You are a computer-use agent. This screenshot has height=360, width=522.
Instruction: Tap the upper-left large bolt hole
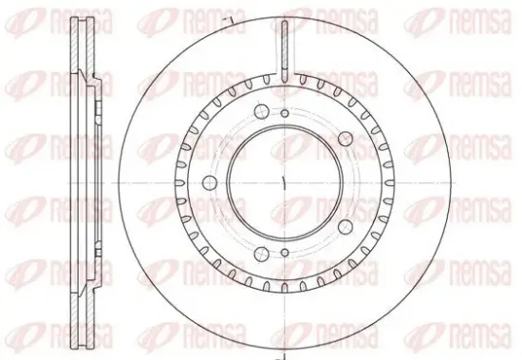coord(261,112)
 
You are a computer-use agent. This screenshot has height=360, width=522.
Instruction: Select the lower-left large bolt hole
coord(261,255)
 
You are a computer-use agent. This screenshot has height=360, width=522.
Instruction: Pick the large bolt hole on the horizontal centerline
coord(210,182)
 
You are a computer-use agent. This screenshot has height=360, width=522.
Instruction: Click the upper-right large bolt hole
coord(345,139)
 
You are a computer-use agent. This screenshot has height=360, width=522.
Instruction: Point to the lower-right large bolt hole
coord(345,227)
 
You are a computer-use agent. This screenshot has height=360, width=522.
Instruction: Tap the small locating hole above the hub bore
coord(285,114)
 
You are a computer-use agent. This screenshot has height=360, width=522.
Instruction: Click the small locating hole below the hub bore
coord(285,253)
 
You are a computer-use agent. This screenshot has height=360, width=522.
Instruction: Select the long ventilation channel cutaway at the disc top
coord(285,50)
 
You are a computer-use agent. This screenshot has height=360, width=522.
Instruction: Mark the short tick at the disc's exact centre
coord(284,183)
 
